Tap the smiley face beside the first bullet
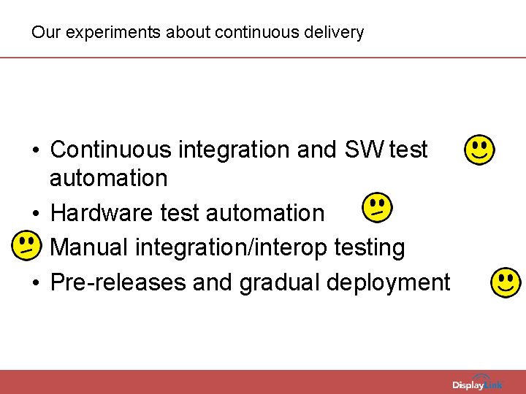[x=479, y=150]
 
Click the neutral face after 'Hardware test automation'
[x=377, y=208]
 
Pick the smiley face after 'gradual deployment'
[x=506, y=282]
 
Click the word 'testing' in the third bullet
[x=369, y=247]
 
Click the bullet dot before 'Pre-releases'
[x=36, y=283]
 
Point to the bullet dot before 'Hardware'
[x=36, y=214]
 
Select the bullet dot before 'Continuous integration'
[x=36, y=150]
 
